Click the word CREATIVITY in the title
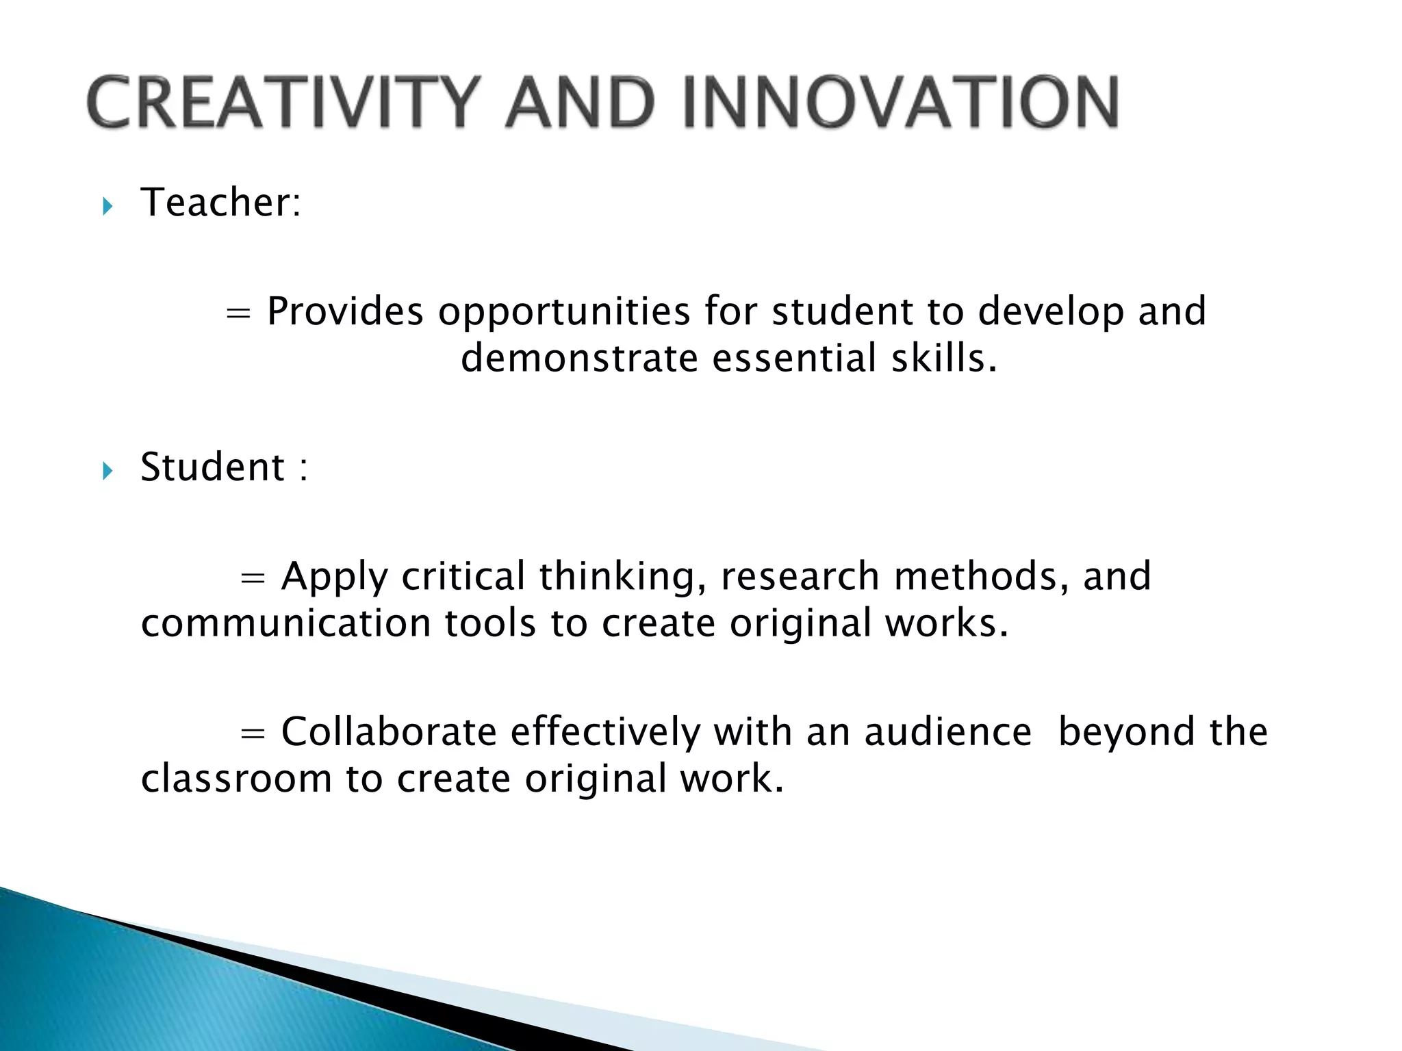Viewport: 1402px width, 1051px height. pyautogui.click(x=281, y=103)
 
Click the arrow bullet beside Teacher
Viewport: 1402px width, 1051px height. pyautogui.click(x=107, y=206)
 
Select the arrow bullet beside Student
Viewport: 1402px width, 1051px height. pyautogui.click(x=107, y=471)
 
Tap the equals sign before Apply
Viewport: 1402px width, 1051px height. pyautogui.click(x=253, y=578)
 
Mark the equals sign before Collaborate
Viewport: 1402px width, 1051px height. pyautogui.click(x=253, y=734)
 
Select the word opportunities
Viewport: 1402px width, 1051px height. pyautogui.click(x=564, y=313)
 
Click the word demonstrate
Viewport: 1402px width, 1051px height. pyautogui.click(x=579, y=359)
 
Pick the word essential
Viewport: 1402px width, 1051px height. pyautogui.click(x=794, y=359)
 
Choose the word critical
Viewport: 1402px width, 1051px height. pyautogui.click(x=463, y=576)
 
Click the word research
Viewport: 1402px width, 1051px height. pyautogui.click(x=800, y=576)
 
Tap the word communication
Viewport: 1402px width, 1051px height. pyautogui.click(x=285, y=623)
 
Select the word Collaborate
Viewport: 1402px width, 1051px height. pyautogui.click(x=389, y=731)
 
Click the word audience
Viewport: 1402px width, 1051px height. pyautogui.click(x=948, y=731)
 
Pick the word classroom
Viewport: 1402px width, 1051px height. pyautogui.click(x=236, y=779)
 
